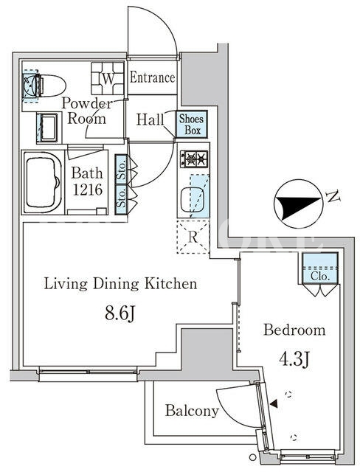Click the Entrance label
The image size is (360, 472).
click(x=152, y=77)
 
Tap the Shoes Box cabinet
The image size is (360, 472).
click(x=192, y=124)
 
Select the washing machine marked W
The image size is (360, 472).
click(x=108, y=78)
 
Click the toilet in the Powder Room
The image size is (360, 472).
click(x=45, y=86)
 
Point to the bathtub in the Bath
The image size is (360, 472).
click(x=43, y=182)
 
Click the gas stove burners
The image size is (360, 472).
click(x=194, y=159)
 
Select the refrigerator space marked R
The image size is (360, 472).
click(x=193, y=237)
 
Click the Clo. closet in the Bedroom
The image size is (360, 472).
click(x=320, y=268)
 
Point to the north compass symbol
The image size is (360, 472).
click(x=298, y=204)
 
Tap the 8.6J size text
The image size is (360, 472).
click(x=120, y=314)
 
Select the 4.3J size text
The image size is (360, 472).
click(x=294, y=359)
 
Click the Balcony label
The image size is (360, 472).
click(x=192, y=410)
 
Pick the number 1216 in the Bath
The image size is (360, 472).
click(x=88, y=190)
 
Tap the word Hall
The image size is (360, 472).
click(x=150, y=119)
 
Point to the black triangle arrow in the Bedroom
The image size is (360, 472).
click(x=274, y=404)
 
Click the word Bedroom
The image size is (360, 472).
click(x=294, y=330)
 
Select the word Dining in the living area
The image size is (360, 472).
click(x=116, y=284)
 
